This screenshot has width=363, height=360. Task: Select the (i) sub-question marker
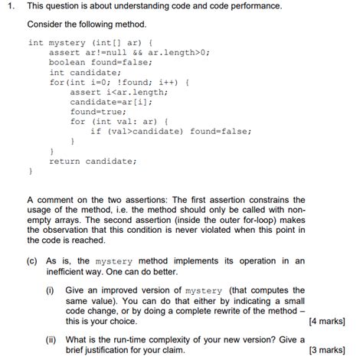point(51,290)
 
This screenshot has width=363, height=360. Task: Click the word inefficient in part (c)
point(70,271)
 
